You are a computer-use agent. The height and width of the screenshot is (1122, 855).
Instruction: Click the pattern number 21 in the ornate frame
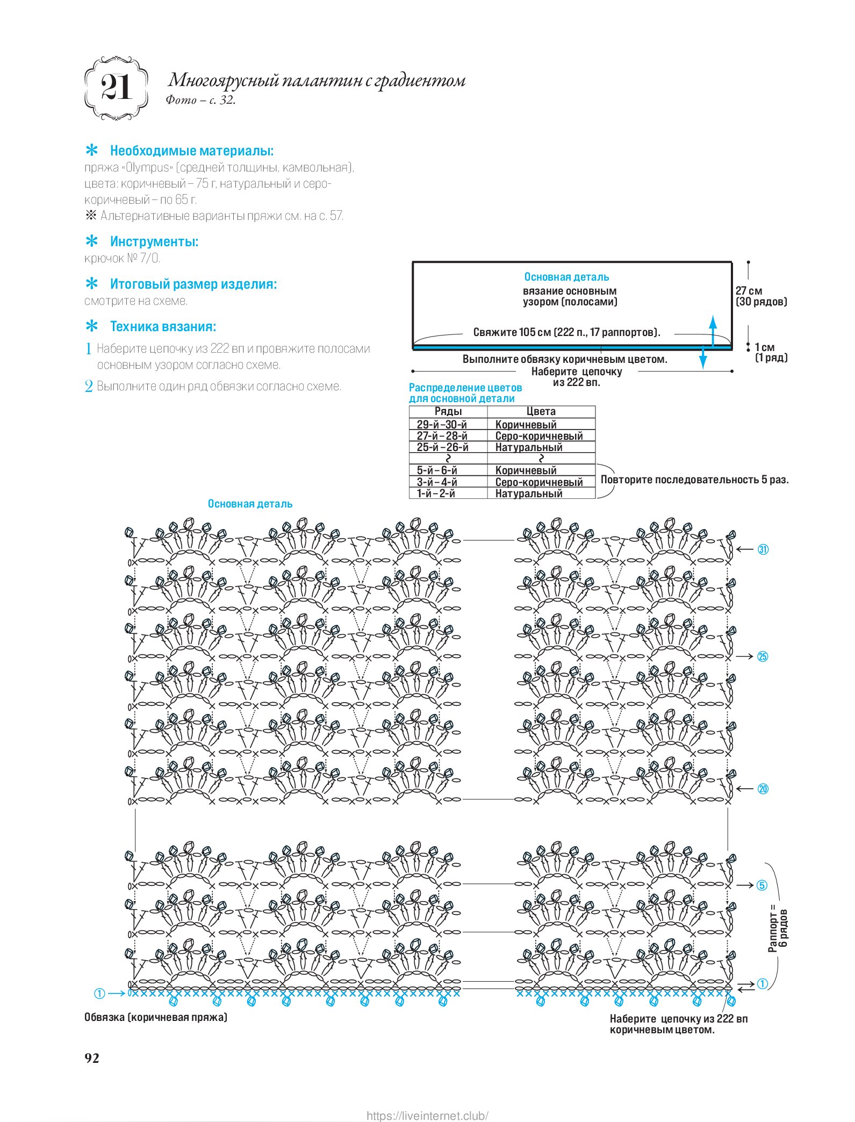[x=116, y=88]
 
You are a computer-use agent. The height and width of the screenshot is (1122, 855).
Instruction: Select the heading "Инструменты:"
[x=154, y=241]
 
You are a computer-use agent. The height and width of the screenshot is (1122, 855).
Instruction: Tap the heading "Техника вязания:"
[x=163, y=326]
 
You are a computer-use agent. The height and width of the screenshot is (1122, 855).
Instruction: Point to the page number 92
[x=92, y=1057]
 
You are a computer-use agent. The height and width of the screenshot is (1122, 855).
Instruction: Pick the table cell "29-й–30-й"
[x=442, y=424]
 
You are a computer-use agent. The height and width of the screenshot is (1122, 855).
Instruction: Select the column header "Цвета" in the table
[x=541, y=411]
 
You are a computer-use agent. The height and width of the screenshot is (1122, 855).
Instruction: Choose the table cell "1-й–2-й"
[x=436, y=493]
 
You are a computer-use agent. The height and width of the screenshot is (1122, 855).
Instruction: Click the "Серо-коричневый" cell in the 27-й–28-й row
[x=538, y=436]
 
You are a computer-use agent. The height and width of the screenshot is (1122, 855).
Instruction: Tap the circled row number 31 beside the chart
[x=763, y=549]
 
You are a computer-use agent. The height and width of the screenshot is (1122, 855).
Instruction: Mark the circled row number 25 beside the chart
[x=763, y=656]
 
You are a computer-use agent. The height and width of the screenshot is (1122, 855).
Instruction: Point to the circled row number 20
[x=763, y=789]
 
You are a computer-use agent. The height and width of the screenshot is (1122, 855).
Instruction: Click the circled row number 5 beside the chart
[x=762, y=885]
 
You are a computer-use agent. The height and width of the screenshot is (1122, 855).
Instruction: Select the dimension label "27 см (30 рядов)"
[x=761, y=296]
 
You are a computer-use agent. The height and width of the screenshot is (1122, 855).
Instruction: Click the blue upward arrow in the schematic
[x=713, y=328]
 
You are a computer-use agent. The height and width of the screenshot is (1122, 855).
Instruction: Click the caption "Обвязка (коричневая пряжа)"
[x=156, y=1017]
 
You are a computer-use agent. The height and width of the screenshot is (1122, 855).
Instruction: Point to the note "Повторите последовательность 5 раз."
[x=694, y=480]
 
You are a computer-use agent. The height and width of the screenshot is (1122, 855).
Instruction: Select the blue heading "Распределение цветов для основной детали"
[x=465, y=393]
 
